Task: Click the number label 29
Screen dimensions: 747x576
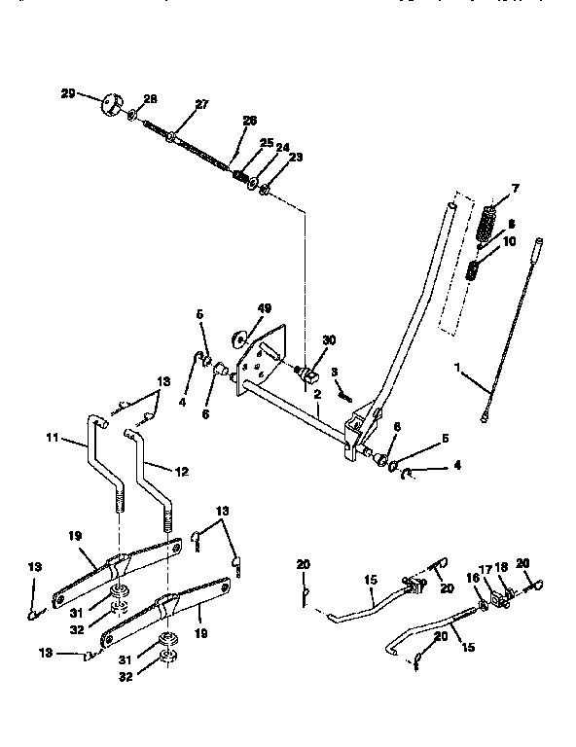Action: [x=67, y=92]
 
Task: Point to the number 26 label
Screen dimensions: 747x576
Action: [x=249, y=121]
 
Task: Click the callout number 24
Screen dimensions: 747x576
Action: [x=282, y=148]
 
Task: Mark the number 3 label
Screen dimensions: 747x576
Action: [x=334, y=371]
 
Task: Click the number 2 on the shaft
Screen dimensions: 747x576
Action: [x=317, y=394]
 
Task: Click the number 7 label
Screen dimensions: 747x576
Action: [x=516, y=188]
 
